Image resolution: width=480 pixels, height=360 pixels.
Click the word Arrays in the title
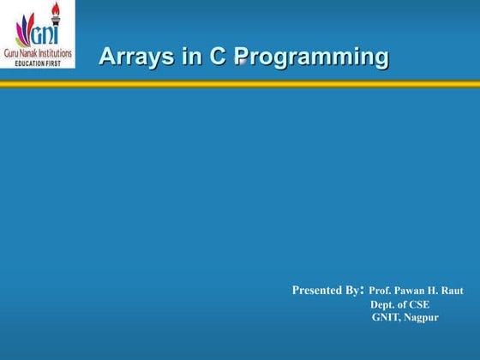(130, 57)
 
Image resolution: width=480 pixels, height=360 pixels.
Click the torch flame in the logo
(57, 9)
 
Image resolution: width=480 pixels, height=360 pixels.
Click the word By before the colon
(354, 291)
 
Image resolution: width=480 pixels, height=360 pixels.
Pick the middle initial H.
(435, 291)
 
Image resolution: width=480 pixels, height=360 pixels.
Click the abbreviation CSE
(418, 304)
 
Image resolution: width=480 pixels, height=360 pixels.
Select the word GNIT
(387, 317)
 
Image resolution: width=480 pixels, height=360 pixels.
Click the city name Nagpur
(421, 317)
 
